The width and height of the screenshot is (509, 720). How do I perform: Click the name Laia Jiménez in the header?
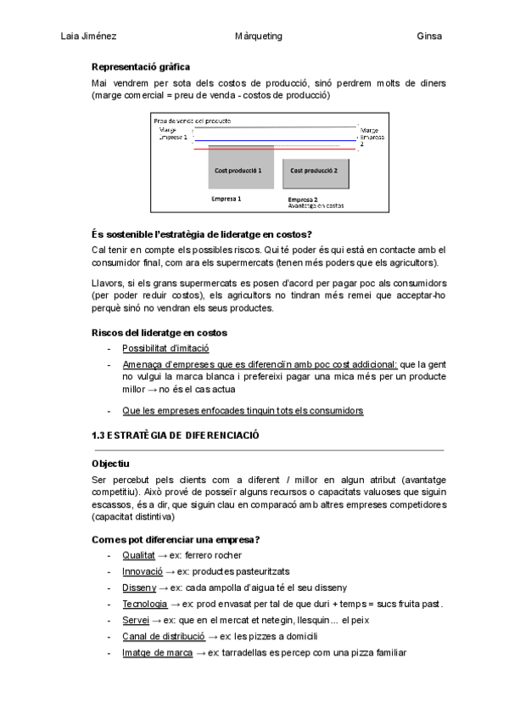[x=89, y=37]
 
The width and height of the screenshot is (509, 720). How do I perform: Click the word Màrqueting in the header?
[x=258, y=37]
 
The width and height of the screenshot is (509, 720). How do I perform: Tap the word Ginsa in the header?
[x=430, y=37]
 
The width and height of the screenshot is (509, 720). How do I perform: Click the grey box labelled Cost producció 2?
[x=314, y=170]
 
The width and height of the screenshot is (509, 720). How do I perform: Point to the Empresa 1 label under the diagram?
[x=227, y=199]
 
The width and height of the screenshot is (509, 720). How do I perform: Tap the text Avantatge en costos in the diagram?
[x=316, y=205]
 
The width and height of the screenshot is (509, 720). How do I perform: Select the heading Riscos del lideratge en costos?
[x=159, y=332]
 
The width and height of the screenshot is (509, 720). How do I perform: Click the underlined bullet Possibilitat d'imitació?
[x=165, y=348]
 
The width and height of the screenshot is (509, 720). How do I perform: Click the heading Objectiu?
[x=109, y=464]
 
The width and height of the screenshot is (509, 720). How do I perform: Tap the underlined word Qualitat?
[x=138, y=554]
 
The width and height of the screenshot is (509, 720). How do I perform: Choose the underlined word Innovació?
[x=142, y=571]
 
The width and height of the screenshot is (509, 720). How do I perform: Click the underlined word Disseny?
[x=139, y=588]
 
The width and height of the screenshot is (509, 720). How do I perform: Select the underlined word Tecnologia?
[x=144, y=604]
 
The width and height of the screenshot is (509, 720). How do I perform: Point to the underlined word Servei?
[x=136, y=621]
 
